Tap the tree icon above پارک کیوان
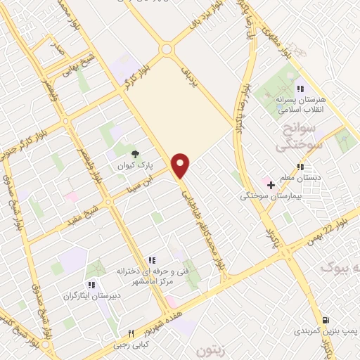click(136, 153)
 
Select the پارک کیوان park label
click(136, 167)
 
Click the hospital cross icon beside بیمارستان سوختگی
click(271, 184)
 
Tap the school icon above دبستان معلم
click(300, 167)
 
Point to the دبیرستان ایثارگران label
click(90, 295)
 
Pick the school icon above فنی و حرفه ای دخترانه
click(150, 259)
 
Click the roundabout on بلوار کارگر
click(167, 49)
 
